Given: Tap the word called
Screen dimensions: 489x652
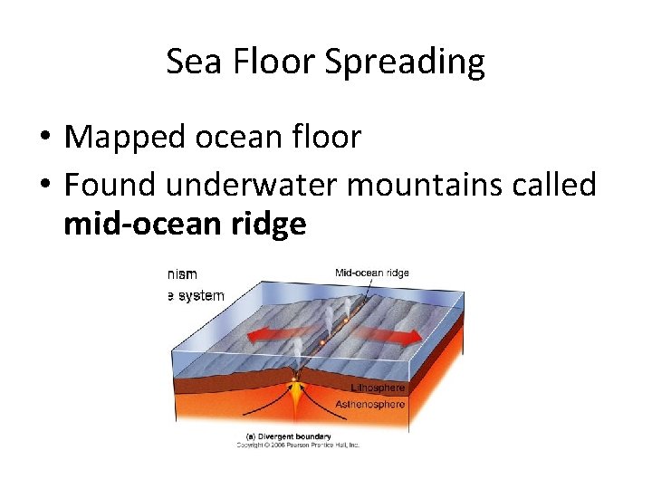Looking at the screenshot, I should pos(552,185).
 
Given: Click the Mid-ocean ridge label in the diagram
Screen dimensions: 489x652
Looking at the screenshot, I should pos(371,273).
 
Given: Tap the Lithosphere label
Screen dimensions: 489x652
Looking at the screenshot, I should pos(379,388).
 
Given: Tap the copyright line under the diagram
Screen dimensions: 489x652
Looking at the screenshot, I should pos(298,445).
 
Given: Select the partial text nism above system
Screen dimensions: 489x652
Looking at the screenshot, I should pos(181,273).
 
